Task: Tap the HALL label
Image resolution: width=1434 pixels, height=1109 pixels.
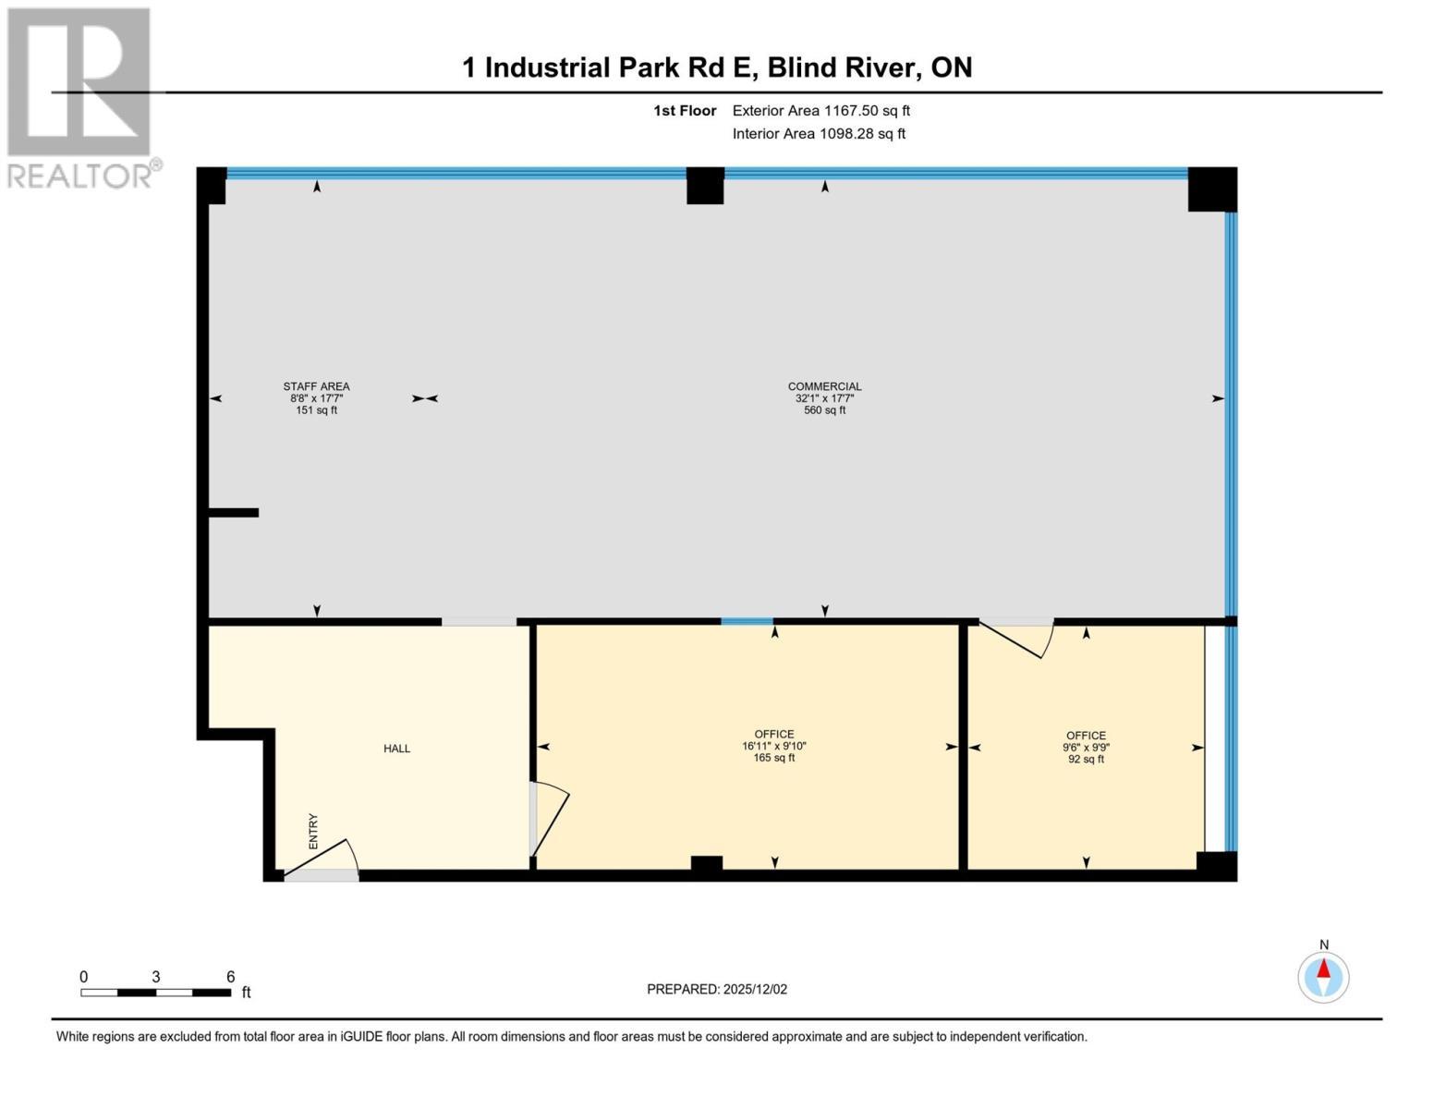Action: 397,749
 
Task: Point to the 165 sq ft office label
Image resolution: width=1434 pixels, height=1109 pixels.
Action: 774,746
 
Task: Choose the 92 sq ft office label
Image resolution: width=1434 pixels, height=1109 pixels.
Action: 1086,748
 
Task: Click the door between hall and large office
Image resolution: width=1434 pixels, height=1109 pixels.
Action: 549,819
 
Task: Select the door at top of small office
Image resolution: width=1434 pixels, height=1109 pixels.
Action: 1016,638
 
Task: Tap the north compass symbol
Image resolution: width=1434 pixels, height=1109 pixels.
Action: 1323,976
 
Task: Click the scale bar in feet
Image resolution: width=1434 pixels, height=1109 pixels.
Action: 156,993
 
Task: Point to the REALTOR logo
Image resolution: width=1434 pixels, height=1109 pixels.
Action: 81,97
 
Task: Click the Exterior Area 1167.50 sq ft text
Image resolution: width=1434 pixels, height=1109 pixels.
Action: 820,111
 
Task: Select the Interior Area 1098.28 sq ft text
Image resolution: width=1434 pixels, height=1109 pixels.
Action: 819,134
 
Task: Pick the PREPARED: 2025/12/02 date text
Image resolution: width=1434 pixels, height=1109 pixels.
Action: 717,990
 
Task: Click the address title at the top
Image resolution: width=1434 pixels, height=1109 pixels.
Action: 717,67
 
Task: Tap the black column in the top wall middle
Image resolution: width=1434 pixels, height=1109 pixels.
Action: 705,186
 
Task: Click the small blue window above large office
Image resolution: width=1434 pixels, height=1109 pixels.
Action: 747,622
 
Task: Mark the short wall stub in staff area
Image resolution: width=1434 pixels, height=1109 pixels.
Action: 234,512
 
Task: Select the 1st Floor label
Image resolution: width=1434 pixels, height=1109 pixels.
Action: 685,111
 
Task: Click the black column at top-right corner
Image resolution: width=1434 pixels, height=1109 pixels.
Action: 1211,189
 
